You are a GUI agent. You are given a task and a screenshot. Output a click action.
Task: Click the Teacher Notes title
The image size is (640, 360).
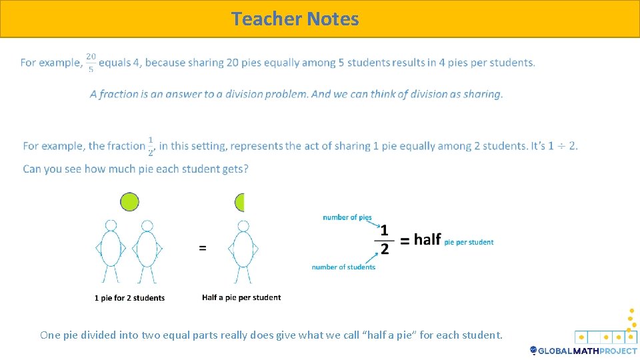click(295, 19)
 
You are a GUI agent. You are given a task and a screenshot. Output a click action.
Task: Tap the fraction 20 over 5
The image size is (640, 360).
click(91, 63)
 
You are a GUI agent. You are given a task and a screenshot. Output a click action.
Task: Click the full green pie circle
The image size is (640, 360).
click(129, 201)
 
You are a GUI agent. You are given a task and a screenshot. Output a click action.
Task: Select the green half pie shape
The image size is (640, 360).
click(240, 202)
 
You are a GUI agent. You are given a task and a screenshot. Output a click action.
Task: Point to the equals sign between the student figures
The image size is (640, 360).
click(203, 248)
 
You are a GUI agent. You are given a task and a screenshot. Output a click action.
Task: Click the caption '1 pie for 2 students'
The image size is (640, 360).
click(129, 298)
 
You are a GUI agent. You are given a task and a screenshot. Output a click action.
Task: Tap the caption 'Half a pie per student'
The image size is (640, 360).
click(241, 297)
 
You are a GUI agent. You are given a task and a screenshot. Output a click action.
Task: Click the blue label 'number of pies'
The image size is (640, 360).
click(347, 217)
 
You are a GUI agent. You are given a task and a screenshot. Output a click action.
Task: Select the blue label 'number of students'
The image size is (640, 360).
click(343, 267)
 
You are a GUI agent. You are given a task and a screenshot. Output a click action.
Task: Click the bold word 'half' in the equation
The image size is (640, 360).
click(427, 239)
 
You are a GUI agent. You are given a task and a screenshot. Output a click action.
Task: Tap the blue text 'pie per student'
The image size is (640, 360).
click(469, 242)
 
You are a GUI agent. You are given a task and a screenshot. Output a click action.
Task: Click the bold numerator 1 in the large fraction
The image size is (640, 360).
click(384, 229)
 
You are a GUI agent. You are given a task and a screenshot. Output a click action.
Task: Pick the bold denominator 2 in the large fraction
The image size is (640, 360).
click(384, 249)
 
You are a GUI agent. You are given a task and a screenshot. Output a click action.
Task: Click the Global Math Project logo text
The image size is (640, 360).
click(587, 351)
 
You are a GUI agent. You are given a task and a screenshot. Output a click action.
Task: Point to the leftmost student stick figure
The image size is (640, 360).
click(111, 250)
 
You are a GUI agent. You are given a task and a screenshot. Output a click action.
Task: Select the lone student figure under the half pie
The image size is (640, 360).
click(243, 250)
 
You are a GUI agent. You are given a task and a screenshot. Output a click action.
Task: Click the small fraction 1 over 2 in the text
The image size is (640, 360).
click(151, 146)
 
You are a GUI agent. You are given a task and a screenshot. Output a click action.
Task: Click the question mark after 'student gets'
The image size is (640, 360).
click(245, 169)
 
